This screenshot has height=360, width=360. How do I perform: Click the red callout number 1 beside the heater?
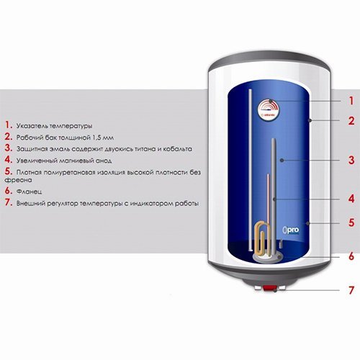coord(351,101)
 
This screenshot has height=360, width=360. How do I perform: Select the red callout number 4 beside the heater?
coord(351,199)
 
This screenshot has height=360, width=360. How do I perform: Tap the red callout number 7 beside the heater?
coord(351,290)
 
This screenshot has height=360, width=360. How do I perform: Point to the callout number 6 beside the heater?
coord(351,256)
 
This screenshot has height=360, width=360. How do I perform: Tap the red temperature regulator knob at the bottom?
coord(270,288)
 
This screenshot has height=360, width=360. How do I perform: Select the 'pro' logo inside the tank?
coord(291,230)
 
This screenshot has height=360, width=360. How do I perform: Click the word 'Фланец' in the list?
coord(29,192)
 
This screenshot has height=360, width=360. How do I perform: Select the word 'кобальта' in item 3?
coord(178,149)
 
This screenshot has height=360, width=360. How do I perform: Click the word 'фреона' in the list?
coord(18,180)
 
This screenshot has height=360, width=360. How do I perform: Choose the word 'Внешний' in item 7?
coord(30,204)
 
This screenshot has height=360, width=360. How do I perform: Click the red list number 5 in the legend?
coord(8,171)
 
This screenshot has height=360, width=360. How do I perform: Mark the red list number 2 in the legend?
coord(8,137)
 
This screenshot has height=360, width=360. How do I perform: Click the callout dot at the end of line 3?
coord(282,160)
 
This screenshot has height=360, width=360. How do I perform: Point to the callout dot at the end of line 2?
coord(310,120)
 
